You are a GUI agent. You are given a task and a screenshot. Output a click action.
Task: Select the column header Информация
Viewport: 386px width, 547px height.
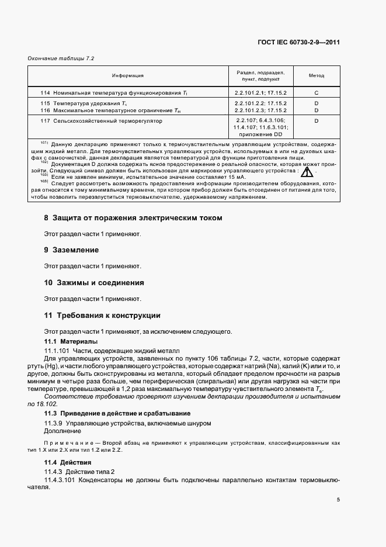click(128, 76)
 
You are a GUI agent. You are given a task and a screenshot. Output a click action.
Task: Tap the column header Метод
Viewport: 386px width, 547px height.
click(316, 76)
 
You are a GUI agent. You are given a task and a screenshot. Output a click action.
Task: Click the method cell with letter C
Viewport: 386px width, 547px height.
click(316, 93)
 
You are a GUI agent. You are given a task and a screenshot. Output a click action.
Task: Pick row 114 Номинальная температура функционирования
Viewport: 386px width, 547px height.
click(114, 93)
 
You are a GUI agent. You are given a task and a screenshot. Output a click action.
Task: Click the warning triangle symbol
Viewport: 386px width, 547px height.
click(307, 172)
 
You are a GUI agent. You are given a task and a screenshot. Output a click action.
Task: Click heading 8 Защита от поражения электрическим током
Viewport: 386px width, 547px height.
click(133, 218)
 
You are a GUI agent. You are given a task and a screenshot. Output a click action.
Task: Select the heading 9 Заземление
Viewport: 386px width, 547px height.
click(72, 250)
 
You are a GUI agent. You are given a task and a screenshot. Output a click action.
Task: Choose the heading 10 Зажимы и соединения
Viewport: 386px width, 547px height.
click(94, 283)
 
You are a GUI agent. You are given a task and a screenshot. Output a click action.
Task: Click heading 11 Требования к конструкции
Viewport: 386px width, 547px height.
click(102, 316)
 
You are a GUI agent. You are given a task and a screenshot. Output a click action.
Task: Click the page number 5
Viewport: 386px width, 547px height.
click(339, 500)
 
